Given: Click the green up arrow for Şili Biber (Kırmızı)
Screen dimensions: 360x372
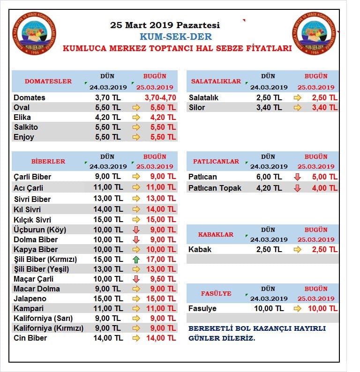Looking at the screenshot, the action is click(136, 260).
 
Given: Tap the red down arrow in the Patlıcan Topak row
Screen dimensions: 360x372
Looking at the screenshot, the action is click(297, 188).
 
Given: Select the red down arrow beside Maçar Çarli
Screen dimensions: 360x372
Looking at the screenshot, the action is click(136, 279).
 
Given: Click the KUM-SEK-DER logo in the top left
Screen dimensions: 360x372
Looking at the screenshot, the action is click(34, 33).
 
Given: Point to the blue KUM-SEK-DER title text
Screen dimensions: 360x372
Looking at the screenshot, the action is click(176, 37).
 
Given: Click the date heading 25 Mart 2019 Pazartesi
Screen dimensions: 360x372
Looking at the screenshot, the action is click(165, 25).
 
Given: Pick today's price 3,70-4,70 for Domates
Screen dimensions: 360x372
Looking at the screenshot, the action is click(160, 97).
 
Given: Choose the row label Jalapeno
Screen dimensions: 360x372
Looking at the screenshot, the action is click(30, 299).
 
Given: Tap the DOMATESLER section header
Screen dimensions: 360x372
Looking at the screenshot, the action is click(48, 81).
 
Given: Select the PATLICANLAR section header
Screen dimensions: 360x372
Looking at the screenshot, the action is click(216, 161).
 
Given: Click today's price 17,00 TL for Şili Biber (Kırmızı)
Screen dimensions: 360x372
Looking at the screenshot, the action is click(161, 259).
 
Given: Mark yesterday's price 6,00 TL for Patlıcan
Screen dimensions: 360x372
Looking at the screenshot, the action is click(269, 177).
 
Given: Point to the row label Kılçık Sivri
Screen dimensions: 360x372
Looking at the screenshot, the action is click(32, 220).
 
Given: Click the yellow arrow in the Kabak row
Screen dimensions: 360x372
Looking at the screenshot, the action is click(297, 250).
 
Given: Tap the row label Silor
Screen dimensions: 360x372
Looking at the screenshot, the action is click(197, 107).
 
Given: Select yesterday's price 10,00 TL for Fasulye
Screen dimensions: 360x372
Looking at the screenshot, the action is click(269, 308).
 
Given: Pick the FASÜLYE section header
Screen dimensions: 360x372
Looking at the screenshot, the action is click(216, 293).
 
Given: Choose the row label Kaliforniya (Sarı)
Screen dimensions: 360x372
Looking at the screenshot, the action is click(43, 319).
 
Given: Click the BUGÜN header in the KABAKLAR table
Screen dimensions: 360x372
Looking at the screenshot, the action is click(316, 230).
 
